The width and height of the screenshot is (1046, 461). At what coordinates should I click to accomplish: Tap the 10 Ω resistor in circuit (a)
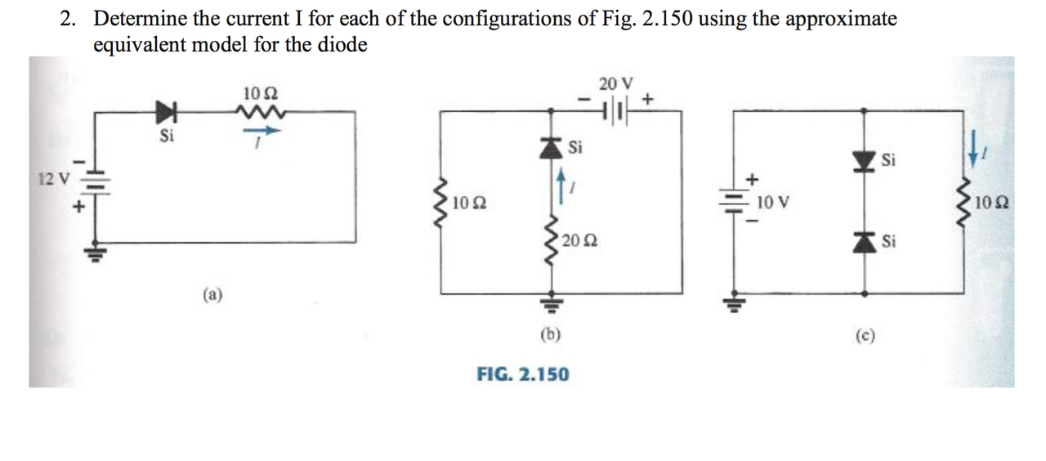262,111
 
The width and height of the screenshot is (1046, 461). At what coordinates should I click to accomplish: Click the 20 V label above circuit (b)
615,83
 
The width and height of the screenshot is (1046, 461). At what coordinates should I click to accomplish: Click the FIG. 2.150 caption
523,374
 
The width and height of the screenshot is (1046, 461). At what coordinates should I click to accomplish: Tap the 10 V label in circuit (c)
773,201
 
